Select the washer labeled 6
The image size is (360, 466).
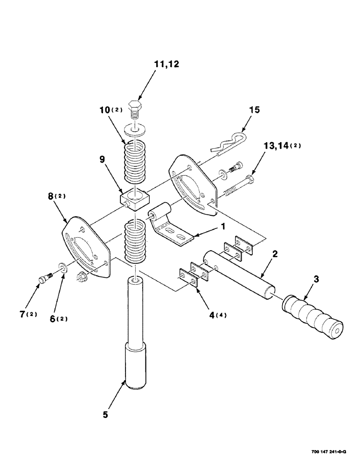point(62,268)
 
